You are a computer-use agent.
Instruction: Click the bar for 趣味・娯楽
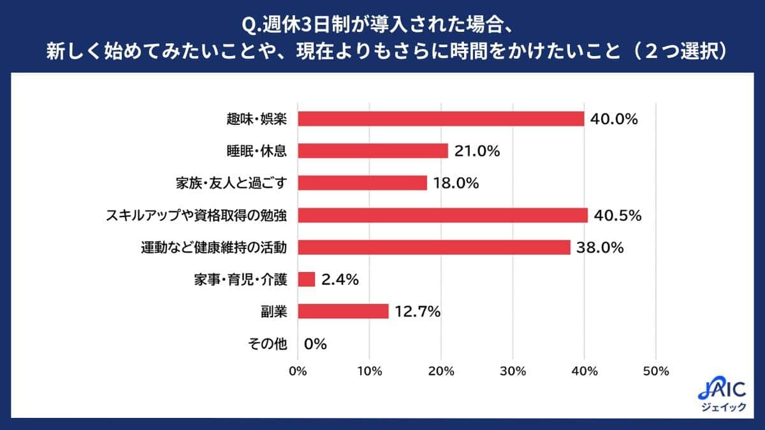coord(441,118)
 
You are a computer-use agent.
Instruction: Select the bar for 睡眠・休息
coord(373,151)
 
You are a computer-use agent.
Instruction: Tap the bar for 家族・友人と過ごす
coord(362,183)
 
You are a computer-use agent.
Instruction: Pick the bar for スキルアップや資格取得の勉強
coord(442,215)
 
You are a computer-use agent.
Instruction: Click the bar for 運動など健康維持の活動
coord(434,247)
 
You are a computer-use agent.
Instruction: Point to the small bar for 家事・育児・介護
coord(307,279)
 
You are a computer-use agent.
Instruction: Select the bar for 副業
coord(343,311)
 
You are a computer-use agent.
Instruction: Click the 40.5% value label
coord(617,215)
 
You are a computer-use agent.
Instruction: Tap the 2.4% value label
coord(341,279)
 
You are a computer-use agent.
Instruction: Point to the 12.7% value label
coord(418,311)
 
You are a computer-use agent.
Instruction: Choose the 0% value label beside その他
coord(315,344)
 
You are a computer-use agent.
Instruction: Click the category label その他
coord(266,344)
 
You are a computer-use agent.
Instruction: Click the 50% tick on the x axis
coord(656,371)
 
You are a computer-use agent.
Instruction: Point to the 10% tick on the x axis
coord(370,371)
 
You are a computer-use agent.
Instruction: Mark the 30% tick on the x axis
coord(513,371)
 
